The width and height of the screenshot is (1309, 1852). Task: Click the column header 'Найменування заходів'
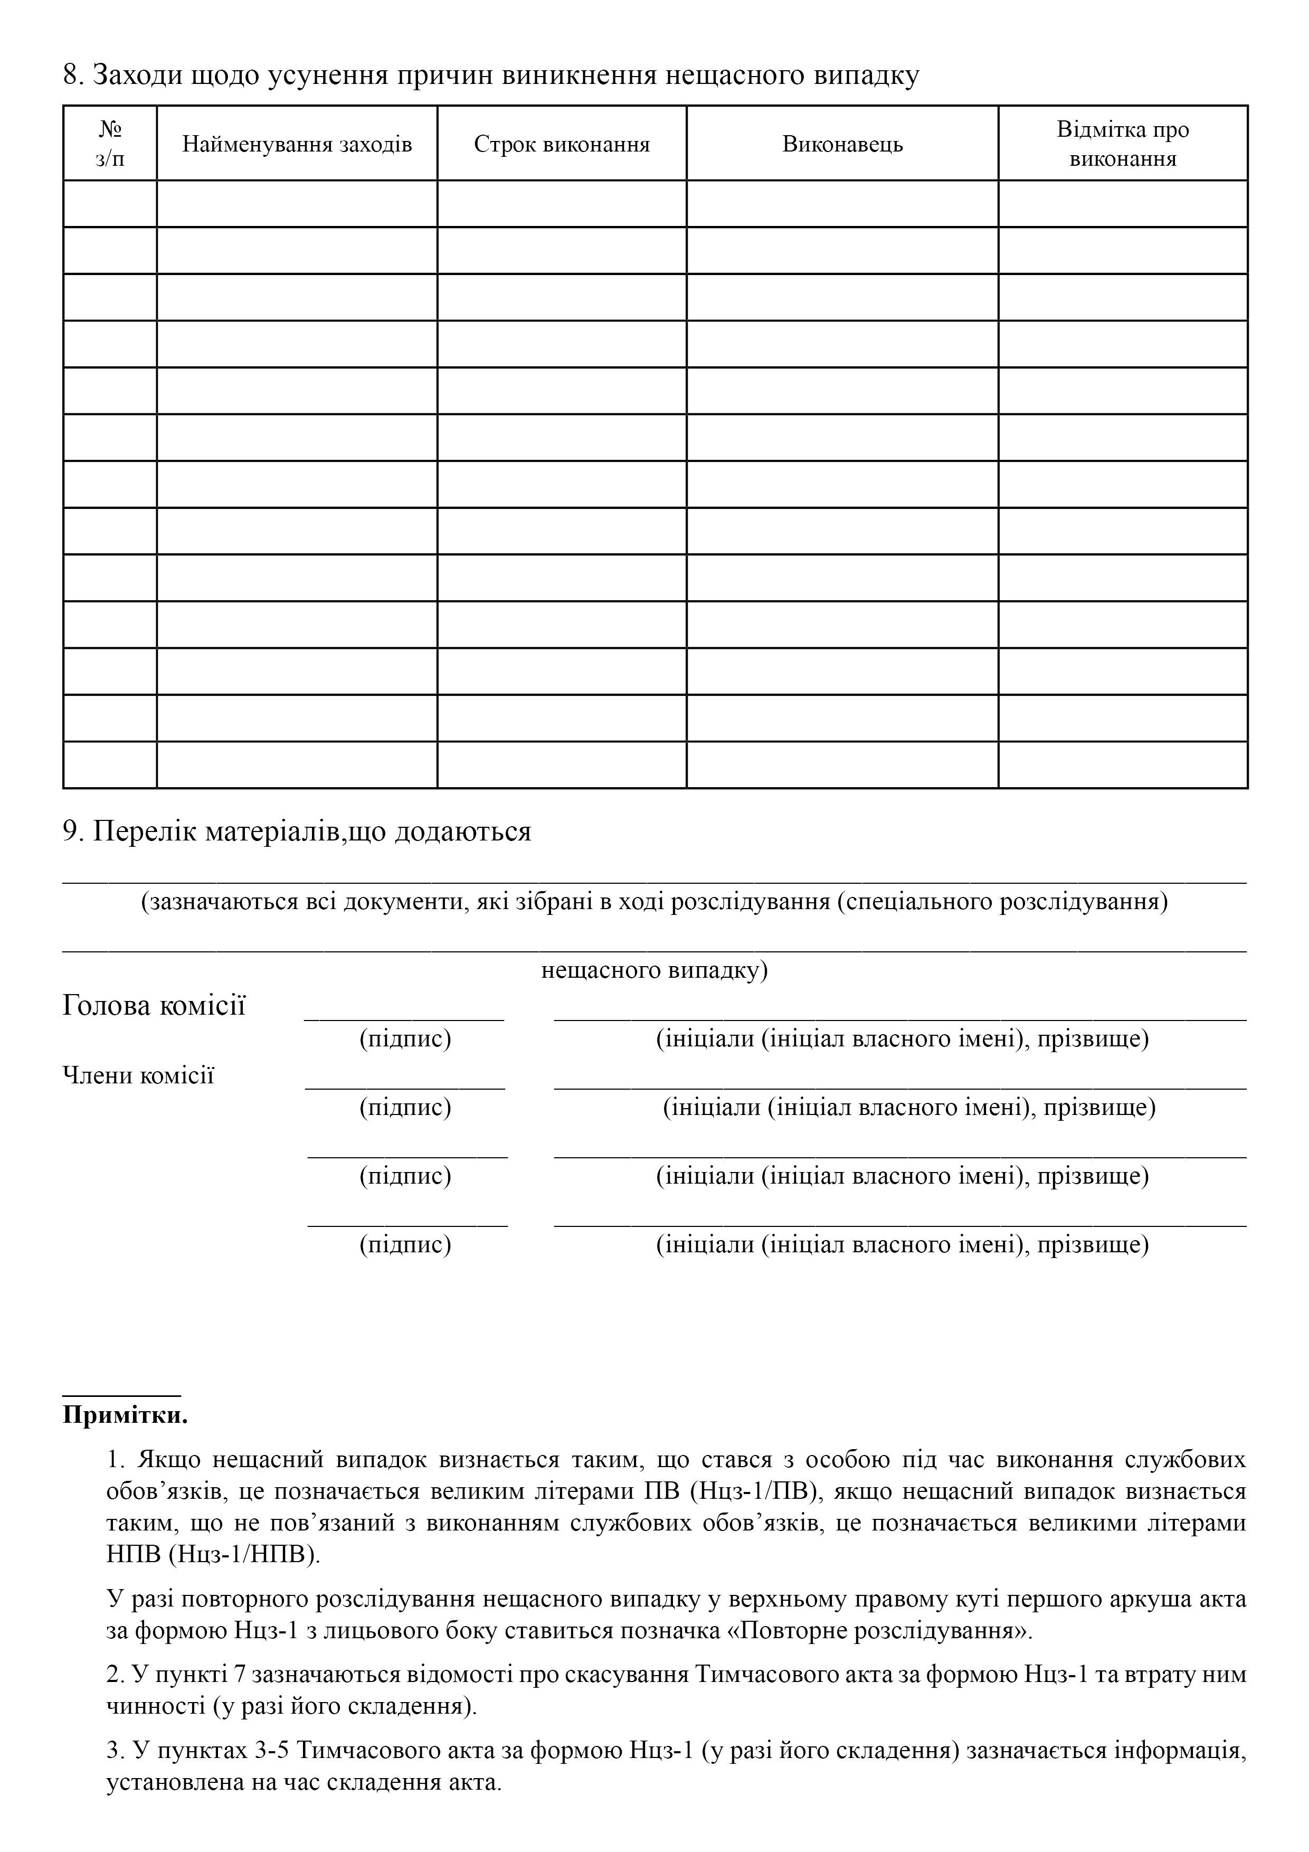click(297, 144)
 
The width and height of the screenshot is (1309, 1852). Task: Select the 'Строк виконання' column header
click(562, 144)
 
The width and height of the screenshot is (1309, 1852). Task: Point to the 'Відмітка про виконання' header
click(1123, 144)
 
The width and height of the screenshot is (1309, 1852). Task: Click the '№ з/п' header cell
click(110, 144)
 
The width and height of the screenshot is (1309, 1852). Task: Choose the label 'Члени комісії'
click(139, 1075)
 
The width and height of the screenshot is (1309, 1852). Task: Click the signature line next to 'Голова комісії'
click(404, 1019)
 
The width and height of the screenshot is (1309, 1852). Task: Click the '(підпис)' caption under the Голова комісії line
click(405, 1039)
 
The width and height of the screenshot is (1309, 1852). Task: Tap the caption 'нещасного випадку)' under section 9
click(654, 970)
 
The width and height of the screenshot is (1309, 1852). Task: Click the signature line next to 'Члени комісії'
click(404, 1088)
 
